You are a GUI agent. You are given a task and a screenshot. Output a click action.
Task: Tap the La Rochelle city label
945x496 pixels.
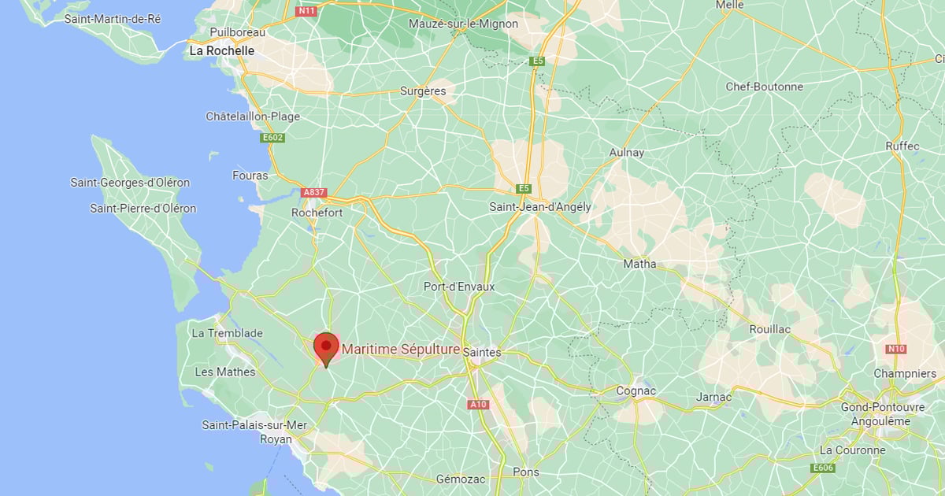[x=221, y=50]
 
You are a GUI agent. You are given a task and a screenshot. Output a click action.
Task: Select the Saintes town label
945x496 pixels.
[x=482, y=352]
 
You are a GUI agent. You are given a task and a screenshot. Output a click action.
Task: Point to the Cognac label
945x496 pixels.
[x=636, y=391]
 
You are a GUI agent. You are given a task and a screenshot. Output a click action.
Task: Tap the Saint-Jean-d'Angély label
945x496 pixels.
[x=540, y=207]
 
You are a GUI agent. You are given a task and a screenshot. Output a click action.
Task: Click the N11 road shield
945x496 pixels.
[x=305, y=11]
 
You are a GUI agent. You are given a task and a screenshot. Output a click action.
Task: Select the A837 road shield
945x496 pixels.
[x=313, y=192]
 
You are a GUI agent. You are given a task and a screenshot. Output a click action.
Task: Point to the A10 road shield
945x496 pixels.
[x=478, y=405]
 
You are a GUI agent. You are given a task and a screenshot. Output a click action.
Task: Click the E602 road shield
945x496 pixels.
[x=272, y=138]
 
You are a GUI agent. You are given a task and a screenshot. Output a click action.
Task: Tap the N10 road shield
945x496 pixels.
[x=895, y=349]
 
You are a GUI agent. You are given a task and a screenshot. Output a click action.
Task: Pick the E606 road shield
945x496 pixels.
[x=823, y=468]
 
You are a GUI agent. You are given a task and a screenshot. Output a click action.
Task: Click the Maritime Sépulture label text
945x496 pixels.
[x=401, y=349]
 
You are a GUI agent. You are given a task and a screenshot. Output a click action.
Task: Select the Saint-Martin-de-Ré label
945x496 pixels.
[x=113, y=18]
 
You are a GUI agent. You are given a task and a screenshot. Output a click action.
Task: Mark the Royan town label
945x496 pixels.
[x=276, y=439]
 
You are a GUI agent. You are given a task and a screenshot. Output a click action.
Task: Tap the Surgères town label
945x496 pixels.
[x=423, y=91]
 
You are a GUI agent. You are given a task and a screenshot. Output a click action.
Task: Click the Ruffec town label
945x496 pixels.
[x=902, y=146]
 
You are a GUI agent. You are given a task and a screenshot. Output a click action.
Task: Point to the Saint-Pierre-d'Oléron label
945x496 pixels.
[x=143, y=209]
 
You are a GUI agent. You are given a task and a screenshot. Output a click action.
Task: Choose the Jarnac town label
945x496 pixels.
[x=713, y=397]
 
